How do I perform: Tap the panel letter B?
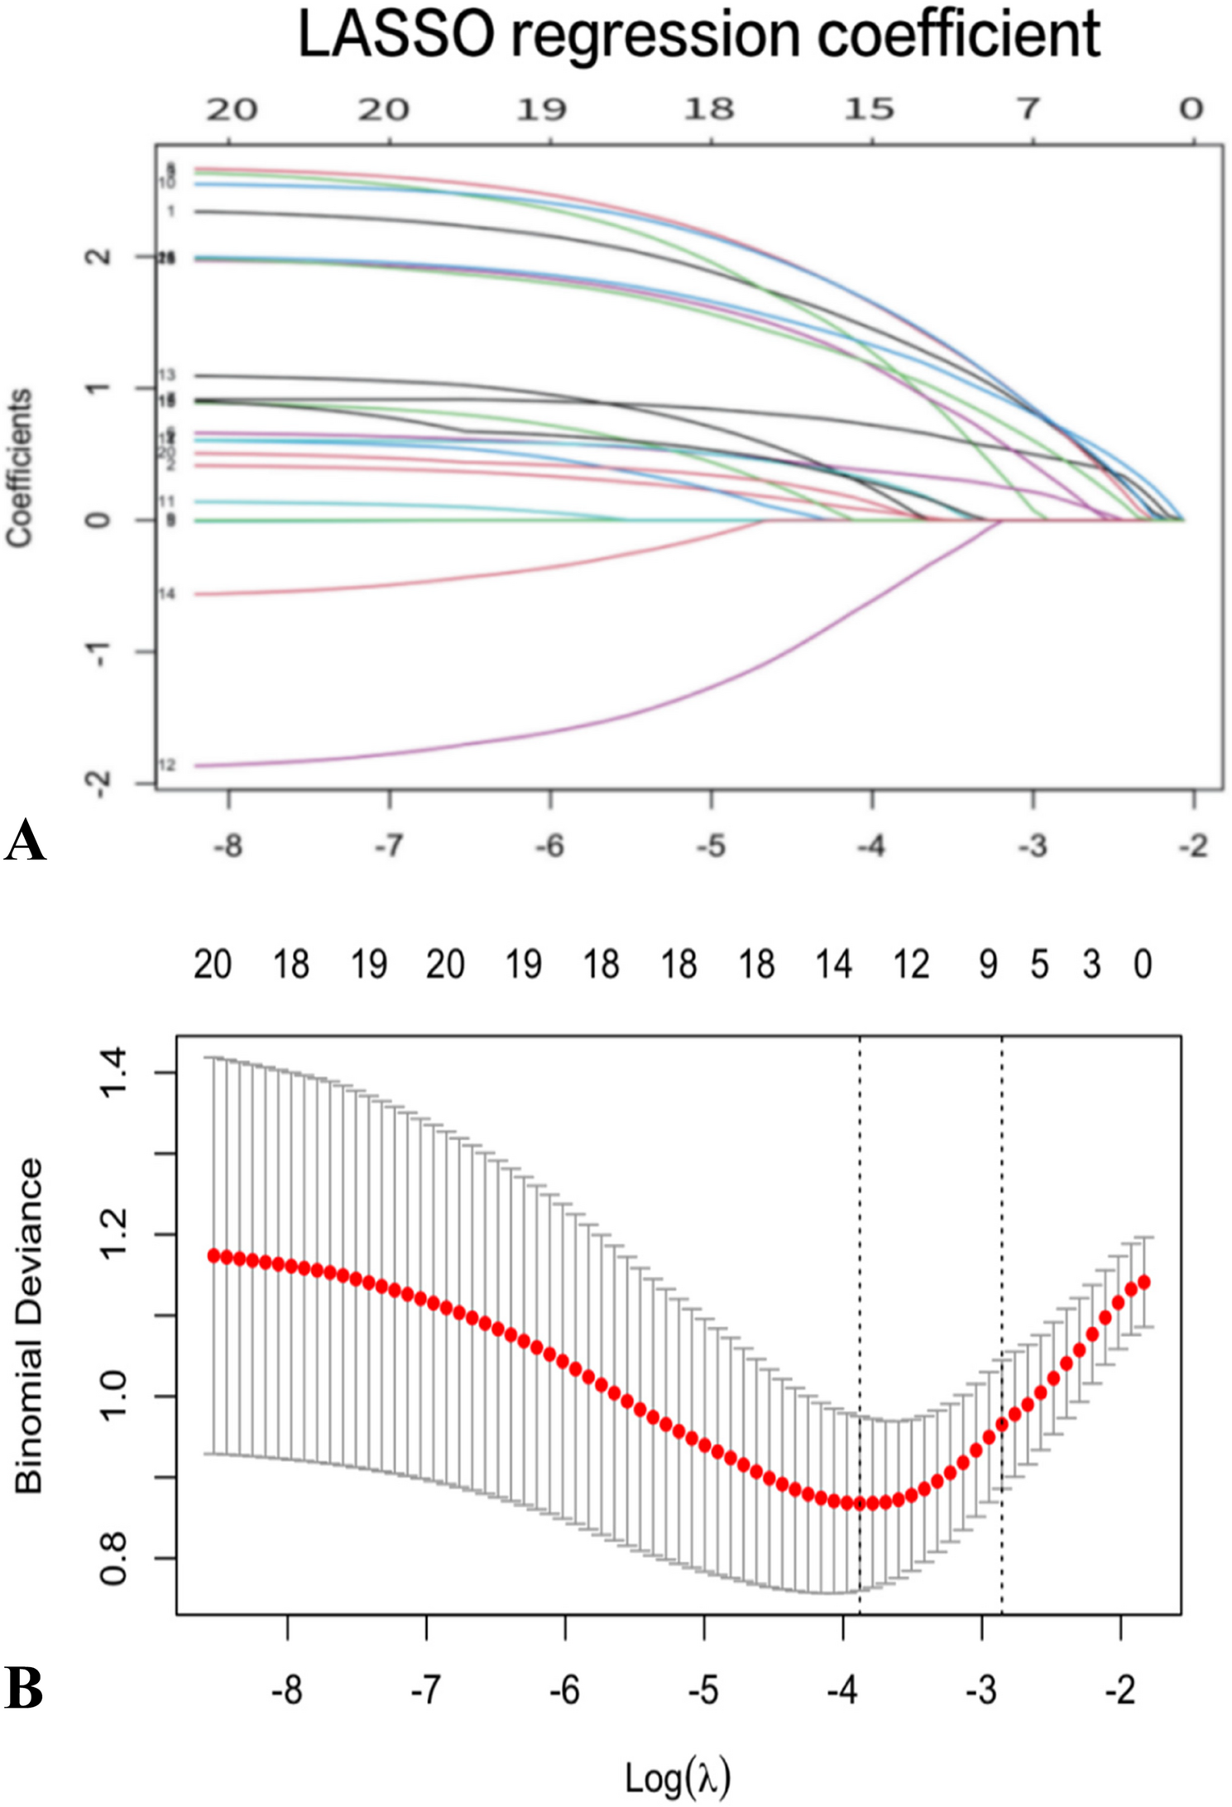[24, 1686]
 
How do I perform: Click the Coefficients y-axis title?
[19, 468]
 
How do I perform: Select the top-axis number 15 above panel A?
[869, 109]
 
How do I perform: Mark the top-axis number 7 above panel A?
[1028, 109]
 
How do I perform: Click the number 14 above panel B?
[833, 965]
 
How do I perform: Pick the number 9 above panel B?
[988, 965]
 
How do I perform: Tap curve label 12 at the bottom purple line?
[167, 765]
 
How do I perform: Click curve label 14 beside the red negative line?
[166, 594]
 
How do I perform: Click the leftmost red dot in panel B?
[213, 1256]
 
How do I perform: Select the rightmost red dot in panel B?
[1145, 1282]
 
